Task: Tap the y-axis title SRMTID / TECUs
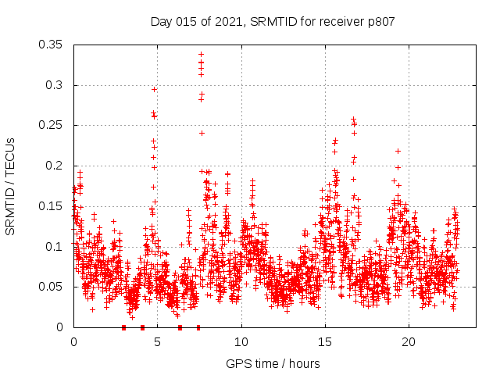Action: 10,187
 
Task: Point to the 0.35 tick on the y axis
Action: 52,45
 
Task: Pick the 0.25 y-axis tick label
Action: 52,125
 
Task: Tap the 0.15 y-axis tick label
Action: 52,206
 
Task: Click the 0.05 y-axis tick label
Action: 52,287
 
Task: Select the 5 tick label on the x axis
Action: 157,342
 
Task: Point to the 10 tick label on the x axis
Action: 241,342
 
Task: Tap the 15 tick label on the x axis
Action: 325,342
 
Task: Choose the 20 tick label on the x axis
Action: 409,342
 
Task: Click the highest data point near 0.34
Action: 201,55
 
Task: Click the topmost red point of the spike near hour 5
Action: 155,89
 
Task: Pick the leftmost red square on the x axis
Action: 123,327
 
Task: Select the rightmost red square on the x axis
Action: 198,327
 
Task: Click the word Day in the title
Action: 160,22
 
